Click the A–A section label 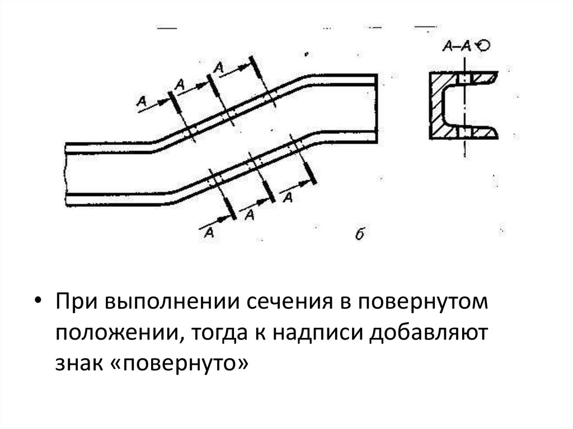(457, 48)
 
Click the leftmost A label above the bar (142, 101)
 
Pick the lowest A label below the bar (210, 232)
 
